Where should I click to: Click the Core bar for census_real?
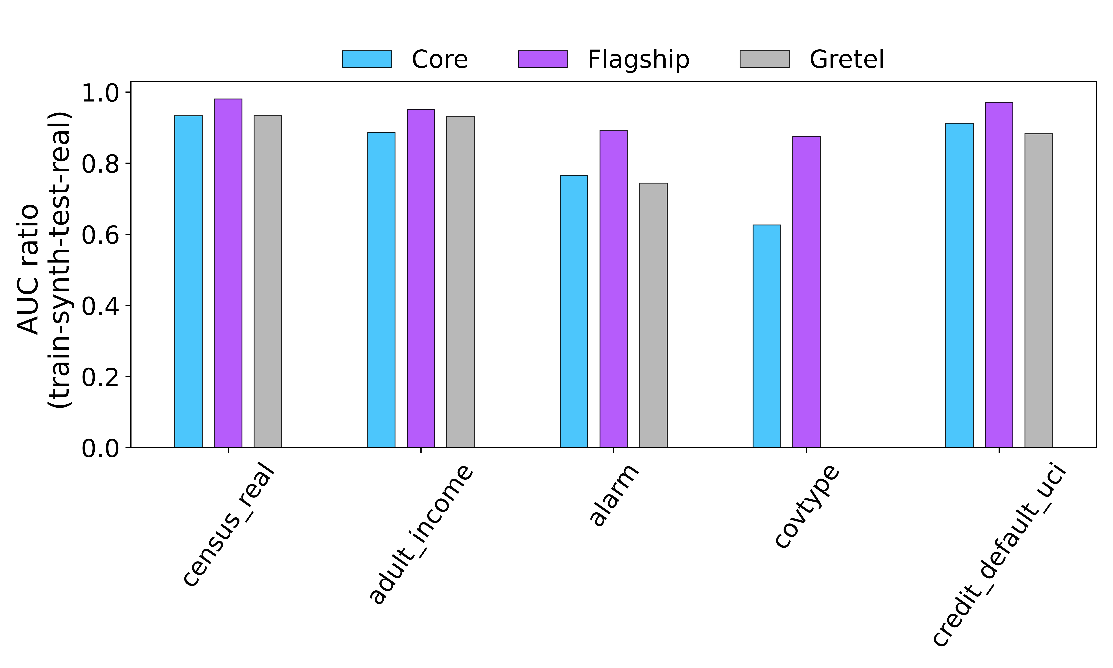click(188, 281)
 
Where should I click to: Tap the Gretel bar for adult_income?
click(460, 282)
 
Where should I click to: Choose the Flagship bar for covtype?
click(806, 292)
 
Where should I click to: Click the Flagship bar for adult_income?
click(421, 278)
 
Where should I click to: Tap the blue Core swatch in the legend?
click(367, 59)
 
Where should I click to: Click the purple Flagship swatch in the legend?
click(543, 59)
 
